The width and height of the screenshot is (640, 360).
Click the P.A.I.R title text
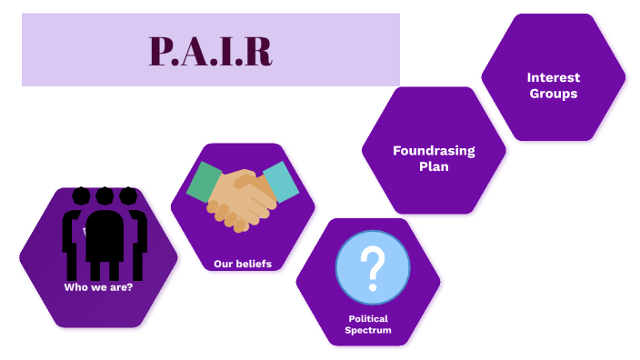(210, 51)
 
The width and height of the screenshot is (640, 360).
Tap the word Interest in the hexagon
(553, 77)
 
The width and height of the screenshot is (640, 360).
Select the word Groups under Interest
(553, 93)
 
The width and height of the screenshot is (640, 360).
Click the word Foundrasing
(434, 151)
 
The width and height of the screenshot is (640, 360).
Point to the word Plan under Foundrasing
(434, 166)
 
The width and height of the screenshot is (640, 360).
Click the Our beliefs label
(242, 264)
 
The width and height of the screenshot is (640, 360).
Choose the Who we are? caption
(98, 287)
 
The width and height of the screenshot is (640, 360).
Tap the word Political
(368, 318)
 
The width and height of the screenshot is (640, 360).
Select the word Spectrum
(368, 330)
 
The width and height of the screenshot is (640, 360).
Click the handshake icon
(242, 195)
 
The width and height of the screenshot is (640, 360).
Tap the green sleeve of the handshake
(205, 181)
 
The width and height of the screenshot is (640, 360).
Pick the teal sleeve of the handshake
(281, 183)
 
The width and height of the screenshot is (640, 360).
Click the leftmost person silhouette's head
(82, 195)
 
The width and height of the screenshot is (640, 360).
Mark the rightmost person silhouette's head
(128, 195)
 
